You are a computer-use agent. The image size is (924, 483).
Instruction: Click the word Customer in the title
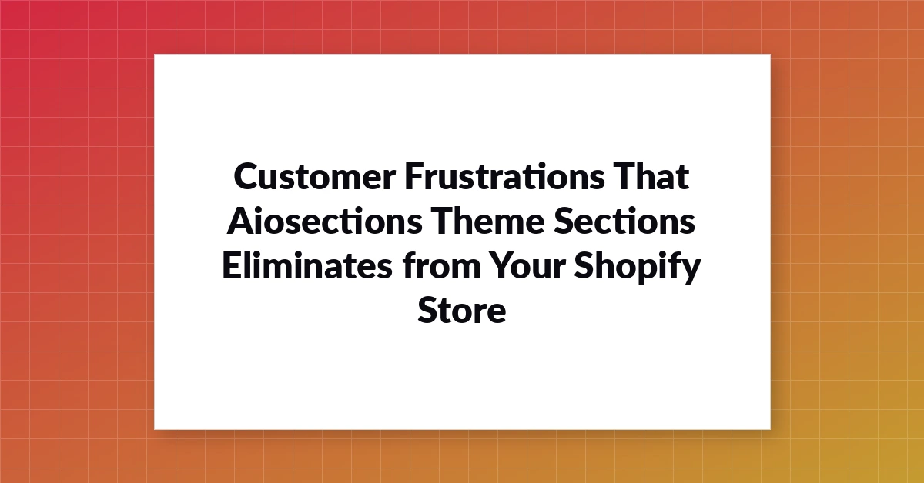click(315, 176)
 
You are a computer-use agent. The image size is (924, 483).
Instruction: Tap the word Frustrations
click(504, 176)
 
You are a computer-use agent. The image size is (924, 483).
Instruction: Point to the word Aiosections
click(325, 221)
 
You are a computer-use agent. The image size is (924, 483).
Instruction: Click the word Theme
click(488, 221)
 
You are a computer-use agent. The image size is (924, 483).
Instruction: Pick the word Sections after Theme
click(624, 221)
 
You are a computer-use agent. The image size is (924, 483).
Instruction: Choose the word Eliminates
click(307, 266)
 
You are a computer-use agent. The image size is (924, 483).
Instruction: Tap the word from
click(442, 266)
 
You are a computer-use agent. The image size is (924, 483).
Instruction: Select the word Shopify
click(638, 268)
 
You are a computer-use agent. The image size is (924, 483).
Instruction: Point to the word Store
click(461, 310)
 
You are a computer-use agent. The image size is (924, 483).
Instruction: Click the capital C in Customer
click(246, 176)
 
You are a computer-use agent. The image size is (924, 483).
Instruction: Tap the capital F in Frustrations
click(414, 176)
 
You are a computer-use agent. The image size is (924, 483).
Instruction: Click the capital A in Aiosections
click(241, 222)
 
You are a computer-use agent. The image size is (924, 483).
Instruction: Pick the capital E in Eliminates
click(232, 266)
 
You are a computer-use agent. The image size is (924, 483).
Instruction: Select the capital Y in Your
click(502, 266)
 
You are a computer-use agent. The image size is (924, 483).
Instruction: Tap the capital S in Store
click(428, 310)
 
